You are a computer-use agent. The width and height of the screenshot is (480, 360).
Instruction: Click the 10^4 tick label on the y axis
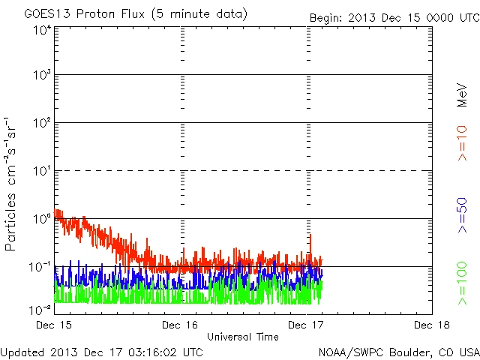(42, 31)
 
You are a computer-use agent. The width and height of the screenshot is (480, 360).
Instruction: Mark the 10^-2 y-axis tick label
(40, 310)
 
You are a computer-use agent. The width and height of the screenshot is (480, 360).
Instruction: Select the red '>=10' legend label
(463, 143)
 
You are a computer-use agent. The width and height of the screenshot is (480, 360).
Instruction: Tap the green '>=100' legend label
(463, 284)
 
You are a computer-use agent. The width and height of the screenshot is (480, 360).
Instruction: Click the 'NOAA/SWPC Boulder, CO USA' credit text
(398, 351)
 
